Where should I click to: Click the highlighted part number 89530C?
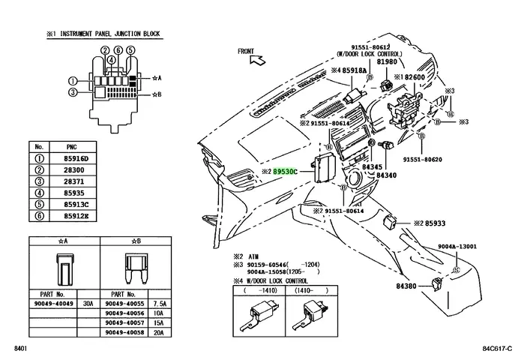tap(285, 172)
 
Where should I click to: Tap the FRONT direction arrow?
tap(258, 60)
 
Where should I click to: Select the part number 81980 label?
tap(387, 61)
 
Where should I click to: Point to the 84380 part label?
tap(406, 286)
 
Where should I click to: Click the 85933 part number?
tap(435, 223)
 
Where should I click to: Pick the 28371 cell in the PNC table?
tap(73, 181)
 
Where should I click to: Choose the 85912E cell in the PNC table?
tap(76, 216)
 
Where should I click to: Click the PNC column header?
tap(72, 147)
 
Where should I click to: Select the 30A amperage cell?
tap(88, 304)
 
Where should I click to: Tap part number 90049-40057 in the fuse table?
tap(124, 322)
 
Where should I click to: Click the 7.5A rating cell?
tap(160, 304)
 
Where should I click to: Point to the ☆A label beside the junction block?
tap(157, 78)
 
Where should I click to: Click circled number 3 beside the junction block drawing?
tap(73, 92)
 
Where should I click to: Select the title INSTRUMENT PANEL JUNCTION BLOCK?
tap(110, 34)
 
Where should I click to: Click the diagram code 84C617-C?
tap(497, 349)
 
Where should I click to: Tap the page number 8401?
tap(20, 349)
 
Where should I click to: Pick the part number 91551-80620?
tap(423, 160)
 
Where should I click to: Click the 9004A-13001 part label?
tap(457, 246)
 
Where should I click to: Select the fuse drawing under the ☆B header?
tap(136, 268)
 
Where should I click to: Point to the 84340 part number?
tap(386, 175)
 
